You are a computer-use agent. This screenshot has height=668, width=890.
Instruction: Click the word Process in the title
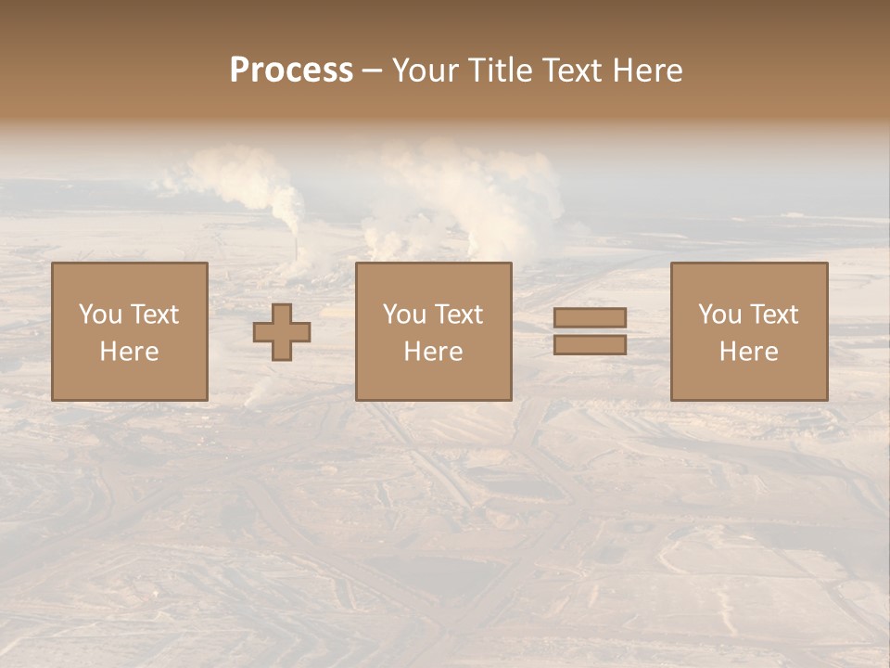point(291,71)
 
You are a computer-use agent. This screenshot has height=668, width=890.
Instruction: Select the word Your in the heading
point(426,71)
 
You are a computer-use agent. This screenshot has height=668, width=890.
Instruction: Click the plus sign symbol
point(282,331)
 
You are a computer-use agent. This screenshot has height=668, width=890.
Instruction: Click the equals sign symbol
point(590,331)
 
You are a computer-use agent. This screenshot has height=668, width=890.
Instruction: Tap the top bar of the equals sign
point(590,318)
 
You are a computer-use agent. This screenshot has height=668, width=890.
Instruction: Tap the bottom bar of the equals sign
point(590,344)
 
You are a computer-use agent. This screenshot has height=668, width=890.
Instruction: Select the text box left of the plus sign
point(130,331)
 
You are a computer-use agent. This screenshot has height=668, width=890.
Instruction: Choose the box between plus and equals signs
point(434,331)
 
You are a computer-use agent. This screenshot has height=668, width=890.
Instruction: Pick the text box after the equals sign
point(749,331)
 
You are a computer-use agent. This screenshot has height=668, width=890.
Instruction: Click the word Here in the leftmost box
point(130,352)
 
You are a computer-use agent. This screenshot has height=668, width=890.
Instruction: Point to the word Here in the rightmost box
point(749,352)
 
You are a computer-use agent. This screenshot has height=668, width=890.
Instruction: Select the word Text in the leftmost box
point(154,315)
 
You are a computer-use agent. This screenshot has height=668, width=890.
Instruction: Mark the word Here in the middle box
point(434,352)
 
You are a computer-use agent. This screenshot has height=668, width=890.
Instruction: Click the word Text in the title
point(570,71)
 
